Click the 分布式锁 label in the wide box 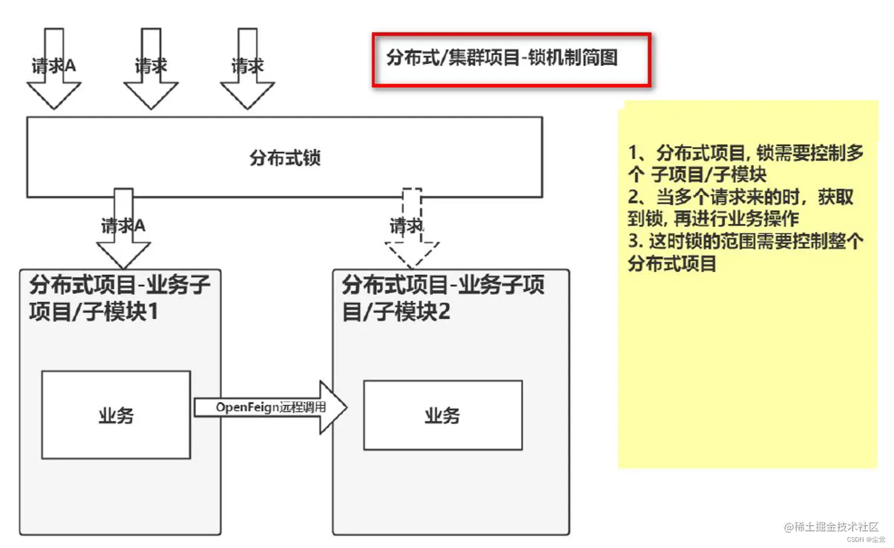pyautogui.click(x=284, y=158)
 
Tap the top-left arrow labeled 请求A pyautogui.click(x=54, y=68)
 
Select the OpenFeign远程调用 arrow pyautogui.click(x=270, y=407)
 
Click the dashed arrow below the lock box pyautogui.click(x=412, y=228)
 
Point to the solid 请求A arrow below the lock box pyautogui.click(x=124, y=228)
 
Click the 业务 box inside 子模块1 pyautogui.click(x=116, y=415)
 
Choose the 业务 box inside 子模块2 pyautogui.click(x=442, y=416)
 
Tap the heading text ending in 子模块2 pyautogui.click(x=442, y=298)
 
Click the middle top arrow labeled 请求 pyautogui.click(x=151, y=68)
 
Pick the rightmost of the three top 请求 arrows pyautogui.click(x=247, y=68)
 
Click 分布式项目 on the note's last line pyautogui.click(x=672, y=264)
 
